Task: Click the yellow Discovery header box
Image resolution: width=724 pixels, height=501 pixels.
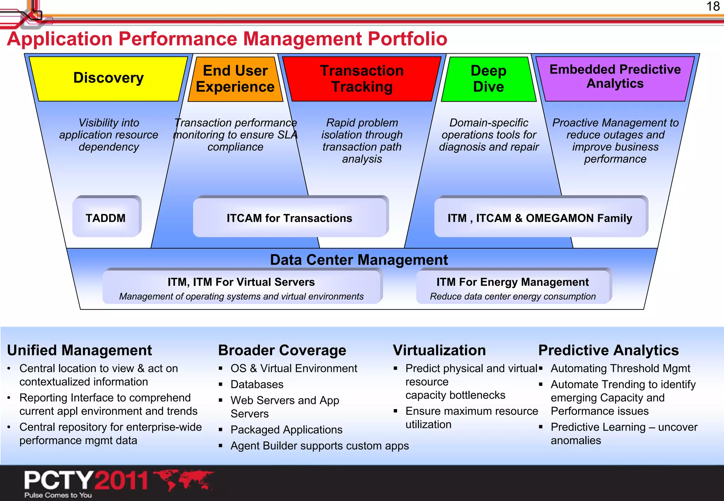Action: click(x=108, y=78)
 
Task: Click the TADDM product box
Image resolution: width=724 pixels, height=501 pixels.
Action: click(x=106, y=218)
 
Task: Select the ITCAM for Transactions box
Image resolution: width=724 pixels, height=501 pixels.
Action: click(x=290, y=218)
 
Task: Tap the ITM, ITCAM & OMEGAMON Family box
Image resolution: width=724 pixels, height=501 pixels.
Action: click(x=540, y=218)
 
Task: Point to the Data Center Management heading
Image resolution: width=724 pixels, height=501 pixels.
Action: click(x=358, y=260)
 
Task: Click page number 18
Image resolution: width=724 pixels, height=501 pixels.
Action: click(x=713, y=6)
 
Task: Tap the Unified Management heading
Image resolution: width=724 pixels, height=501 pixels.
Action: click(x=79, y=350)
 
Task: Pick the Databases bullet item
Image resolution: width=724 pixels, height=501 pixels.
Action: click(x=257, y=384)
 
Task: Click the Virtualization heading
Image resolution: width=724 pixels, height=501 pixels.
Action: click(x=439, y=350)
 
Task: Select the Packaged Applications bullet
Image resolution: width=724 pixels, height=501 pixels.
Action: click(x=286, y=429)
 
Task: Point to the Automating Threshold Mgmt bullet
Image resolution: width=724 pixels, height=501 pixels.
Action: click(x=620, y=368)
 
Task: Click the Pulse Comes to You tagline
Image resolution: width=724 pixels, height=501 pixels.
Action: click(x=58, y=495)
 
